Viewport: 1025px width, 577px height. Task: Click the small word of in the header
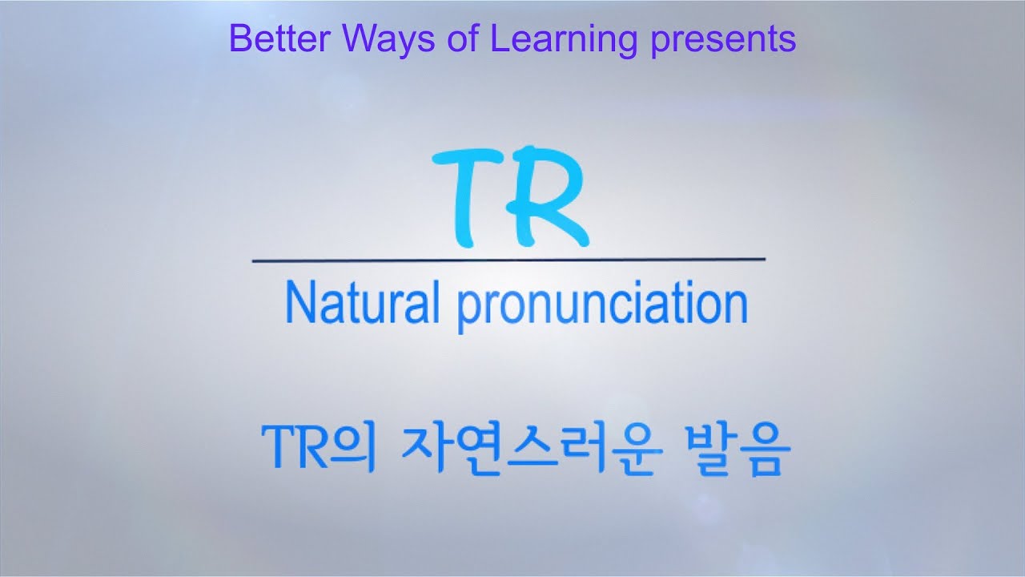pos(462,38)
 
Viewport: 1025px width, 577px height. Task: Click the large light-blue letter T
pos(466,197)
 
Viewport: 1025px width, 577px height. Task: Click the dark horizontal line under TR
pos(508,260)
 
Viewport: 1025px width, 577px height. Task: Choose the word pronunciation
pos(602,305)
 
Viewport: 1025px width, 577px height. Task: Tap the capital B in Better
pos(239,38)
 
